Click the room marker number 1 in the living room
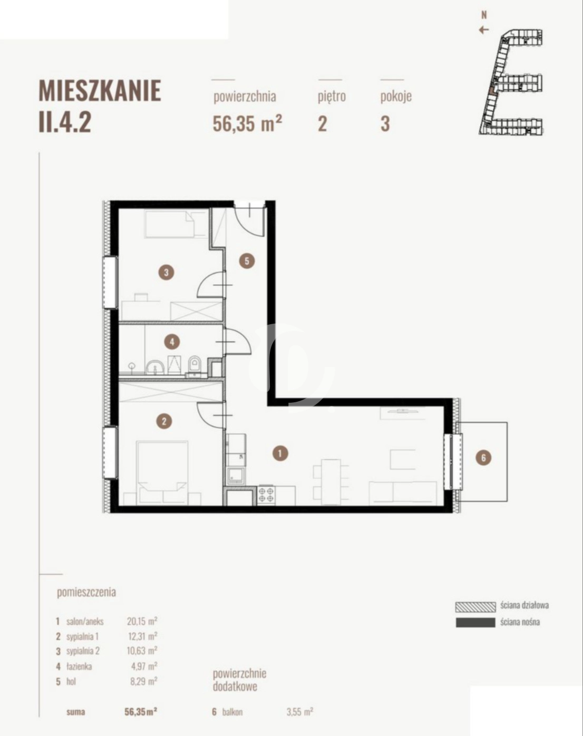coord(280,453)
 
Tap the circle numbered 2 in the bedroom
coord(164,421)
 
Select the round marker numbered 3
coord(166,273)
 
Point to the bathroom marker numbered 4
coord(172,342)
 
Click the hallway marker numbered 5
coord(247,262)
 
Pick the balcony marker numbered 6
coord(483,458)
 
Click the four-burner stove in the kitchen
coord(266,495)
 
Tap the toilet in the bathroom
coord(195,364)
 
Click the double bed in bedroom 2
coord(162,472)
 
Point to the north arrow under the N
coord(483,30)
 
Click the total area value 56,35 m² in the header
coord(247,123)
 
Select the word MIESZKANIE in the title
coord(100,91)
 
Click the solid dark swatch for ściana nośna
coord(475,623)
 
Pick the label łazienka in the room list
coord(79,666)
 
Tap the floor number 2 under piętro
coord(322,124)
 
